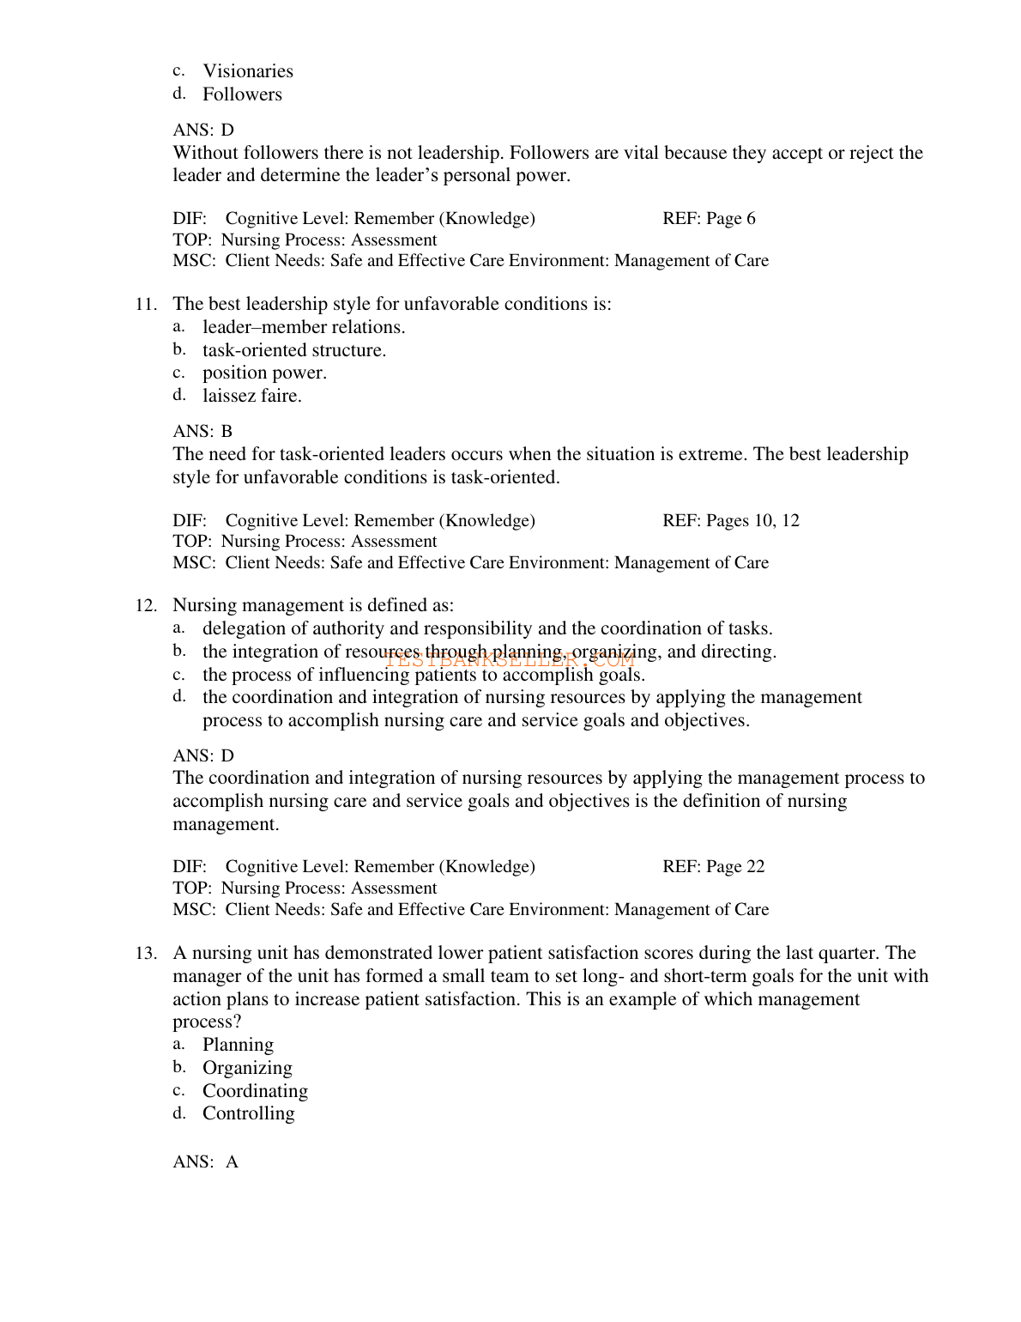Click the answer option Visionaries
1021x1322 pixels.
click(247, 71)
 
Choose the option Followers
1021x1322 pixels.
click(242, 94)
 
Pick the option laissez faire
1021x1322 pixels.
click(251, 396)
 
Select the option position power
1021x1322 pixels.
click(264, 373)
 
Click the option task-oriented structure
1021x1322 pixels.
click(294, 350)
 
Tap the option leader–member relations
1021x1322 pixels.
click(304, 327)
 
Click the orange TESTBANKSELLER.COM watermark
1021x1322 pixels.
click(510, 660)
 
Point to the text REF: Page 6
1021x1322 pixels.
click(709, 219)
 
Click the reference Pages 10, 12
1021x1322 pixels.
click(731, 521)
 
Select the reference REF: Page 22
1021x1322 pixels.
click(713, 867)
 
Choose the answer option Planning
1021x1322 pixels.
click(238, 1045)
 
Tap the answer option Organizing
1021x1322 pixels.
click(247, 1068)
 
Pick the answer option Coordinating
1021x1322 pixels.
click(255, 1091)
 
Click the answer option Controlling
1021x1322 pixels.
click(248, 1113)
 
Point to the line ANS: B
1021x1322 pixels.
click(202, 431)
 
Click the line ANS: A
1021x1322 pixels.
click(205, 1162)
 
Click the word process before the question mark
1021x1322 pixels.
click(202, 1022)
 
